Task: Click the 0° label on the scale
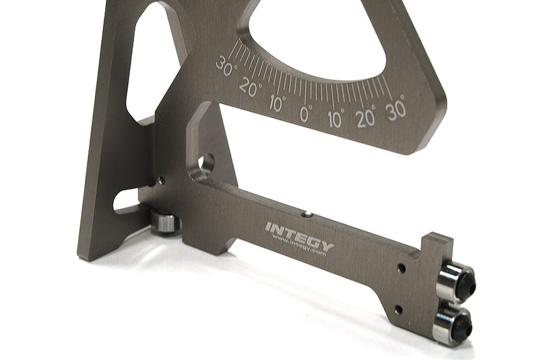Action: point(306,114)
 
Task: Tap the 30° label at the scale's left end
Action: point(226,65)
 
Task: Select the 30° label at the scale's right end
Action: point(396,109)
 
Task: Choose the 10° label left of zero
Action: point(277,103)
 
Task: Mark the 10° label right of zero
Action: point(336,119)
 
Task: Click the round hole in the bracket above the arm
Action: point(204,164)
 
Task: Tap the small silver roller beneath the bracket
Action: point(164,220)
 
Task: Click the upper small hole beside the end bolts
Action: point(402,268)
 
